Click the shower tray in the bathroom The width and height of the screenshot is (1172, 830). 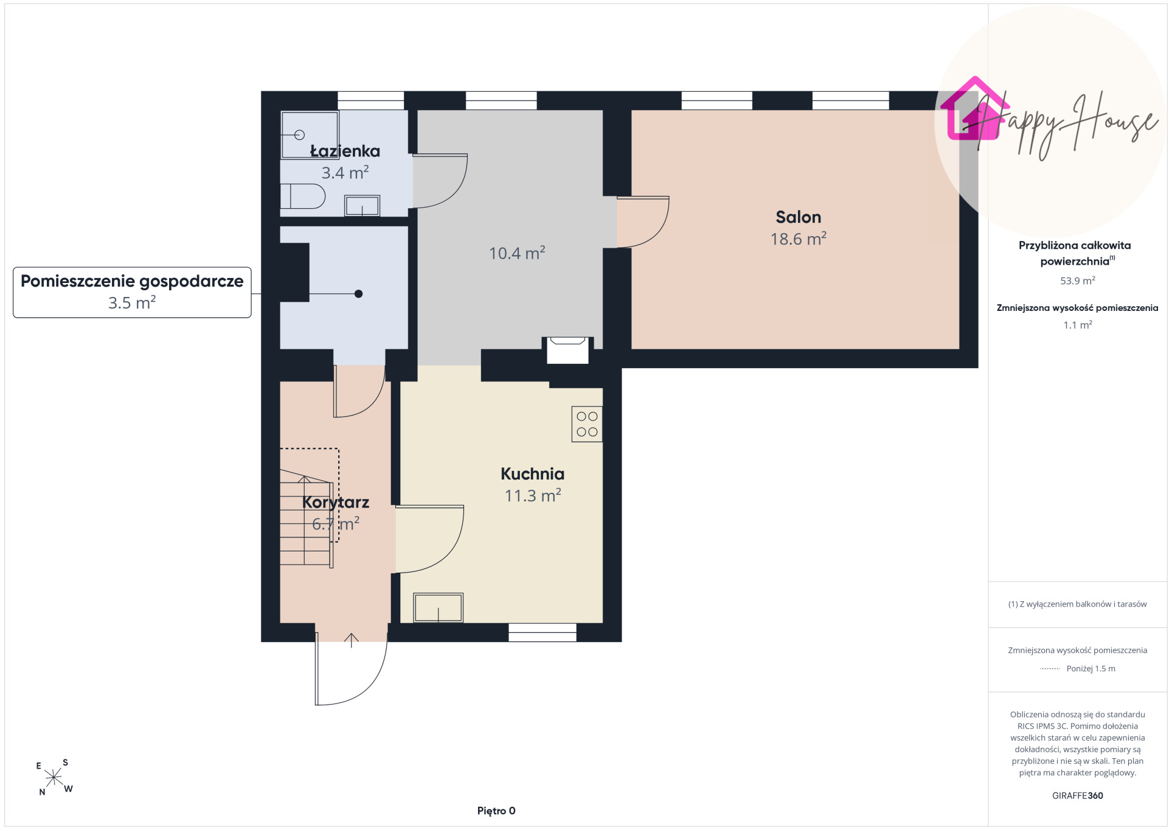[x=310, y=135]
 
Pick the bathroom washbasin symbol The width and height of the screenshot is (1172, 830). [x=363, y=206]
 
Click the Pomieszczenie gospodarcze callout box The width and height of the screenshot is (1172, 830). [x=133, y=293]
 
